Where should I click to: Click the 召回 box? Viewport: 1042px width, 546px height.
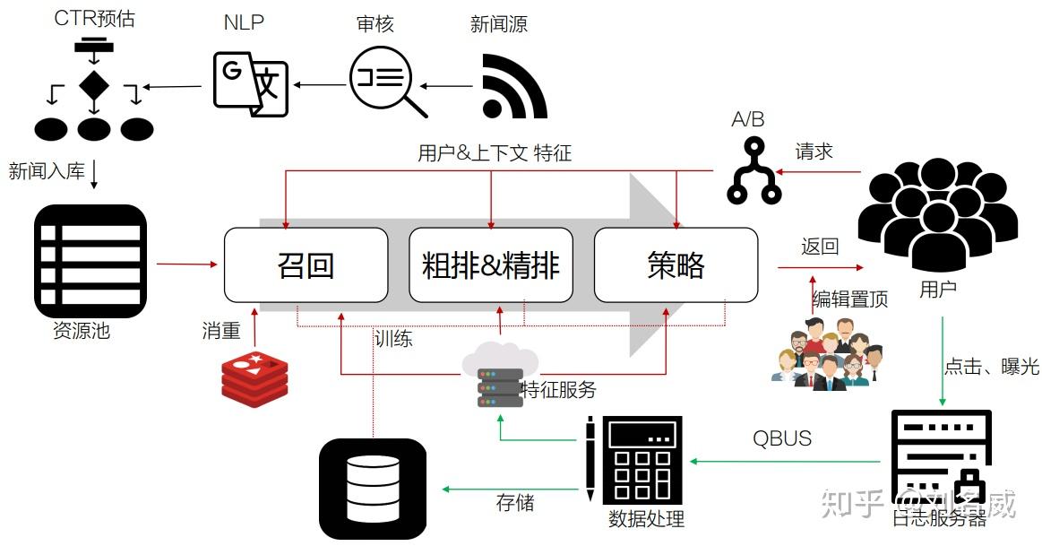(306, 264)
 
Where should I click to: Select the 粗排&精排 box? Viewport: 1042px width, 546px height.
(490, 264)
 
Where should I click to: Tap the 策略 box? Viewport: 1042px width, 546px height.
(676, 264)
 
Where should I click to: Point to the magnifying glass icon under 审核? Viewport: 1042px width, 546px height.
(388, 82)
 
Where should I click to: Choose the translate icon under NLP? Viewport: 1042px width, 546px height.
(251, 83)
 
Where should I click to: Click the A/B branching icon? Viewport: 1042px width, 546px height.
(754, 170)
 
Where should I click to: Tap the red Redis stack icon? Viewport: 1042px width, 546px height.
(255, 377)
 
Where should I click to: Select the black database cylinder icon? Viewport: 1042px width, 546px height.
(372, 489)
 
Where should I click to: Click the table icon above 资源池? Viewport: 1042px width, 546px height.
(90, 261)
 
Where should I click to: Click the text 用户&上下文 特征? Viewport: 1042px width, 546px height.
(494, 153)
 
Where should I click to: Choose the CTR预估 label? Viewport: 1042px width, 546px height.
(94, 18)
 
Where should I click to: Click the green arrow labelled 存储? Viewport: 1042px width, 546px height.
(511, 490)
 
